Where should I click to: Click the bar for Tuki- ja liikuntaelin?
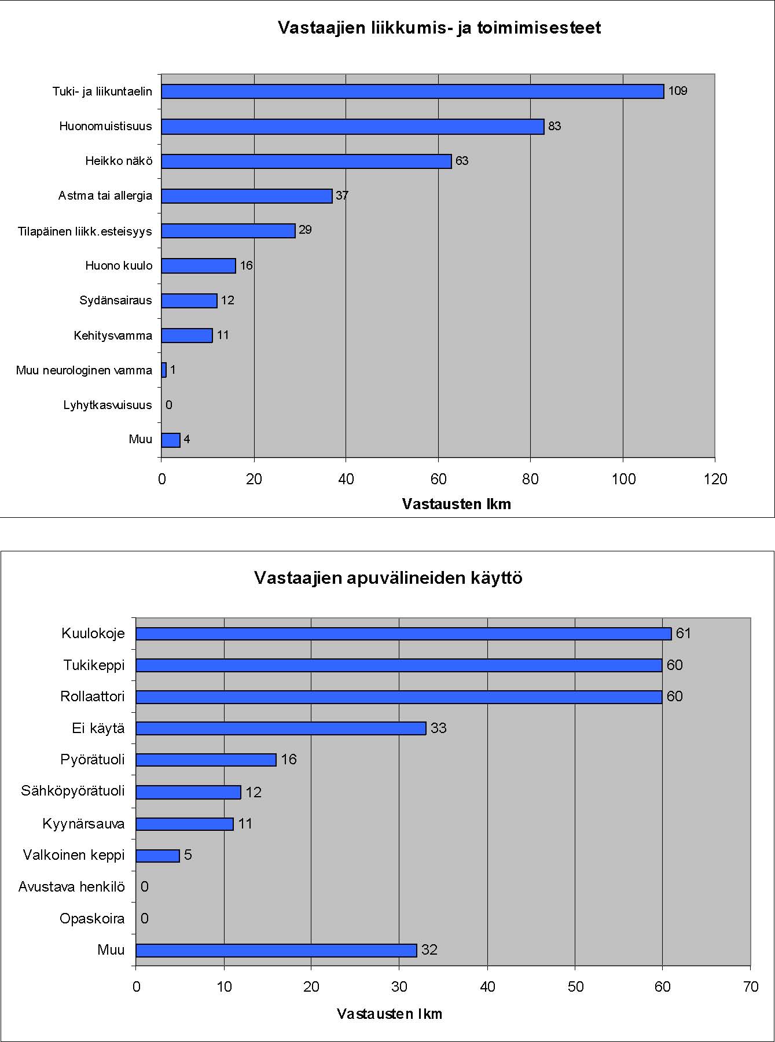pyautogui.click(x=413, y=91)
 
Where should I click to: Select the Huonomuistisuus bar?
pyautogui.click(x=353, y=127)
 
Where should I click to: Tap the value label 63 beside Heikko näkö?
pyautogui.click(x=462, y=161)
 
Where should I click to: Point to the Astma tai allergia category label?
pyautogui.click(x=105, y=196)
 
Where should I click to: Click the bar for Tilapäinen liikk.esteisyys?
pyautogui.click(x=229, y=231)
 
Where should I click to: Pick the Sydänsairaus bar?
pyautogui.click(x=189, y=301)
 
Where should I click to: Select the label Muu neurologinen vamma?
pyautogui.click(x=84, y=370)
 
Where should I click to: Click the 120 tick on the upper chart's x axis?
pyautogui.click(x=715, y=479)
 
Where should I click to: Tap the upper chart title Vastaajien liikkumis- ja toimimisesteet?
pyautogui.click(x=439, y=28)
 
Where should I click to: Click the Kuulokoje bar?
pyautogui.click(x=404, y=634)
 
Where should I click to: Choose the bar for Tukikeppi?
pyautogui.click(x=399, y=665)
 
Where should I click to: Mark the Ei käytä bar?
pyautogui.click(x=281, y=728)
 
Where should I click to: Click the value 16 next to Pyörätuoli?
pyautogui.click(x=289, y=760)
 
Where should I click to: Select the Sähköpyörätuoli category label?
pyautogui.click(x=73, y=791)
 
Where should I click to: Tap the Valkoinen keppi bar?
pyautogui.click(x=158, y=856)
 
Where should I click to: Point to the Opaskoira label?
pyautogui.click(x=92, y=919)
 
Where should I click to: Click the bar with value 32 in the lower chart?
pyautogui.click(x=277, y=951)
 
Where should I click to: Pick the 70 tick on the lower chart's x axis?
pyautogui.click(x=751, y=987)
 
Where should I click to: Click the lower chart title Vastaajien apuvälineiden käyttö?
pyautogui.click(x=388, y=578)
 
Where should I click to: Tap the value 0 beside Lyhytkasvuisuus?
pyautogui.click(x=169, y=405)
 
